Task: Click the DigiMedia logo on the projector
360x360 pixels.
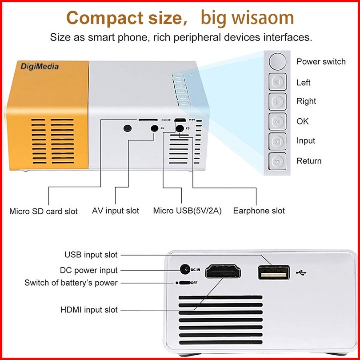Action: coord(39,67)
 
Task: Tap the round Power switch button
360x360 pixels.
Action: coord(278,61)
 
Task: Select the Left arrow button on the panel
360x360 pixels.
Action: coord(278,82)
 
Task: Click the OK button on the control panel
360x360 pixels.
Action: coord(278,121)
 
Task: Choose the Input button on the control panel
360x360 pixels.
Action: coord(278,141)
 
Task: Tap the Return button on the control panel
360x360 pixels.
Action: coord(278,161)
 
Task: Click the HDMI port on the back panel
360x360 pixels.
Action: coord(227,272)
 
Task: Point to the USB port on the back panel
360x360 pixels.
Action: coord(273,272)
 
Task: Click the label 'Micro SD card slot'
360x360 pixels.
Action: coord(44,211)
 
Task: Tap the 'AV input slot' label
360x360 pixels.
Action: coord(116,211)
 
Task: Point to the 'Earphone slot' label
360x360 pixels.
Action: coord(259,211)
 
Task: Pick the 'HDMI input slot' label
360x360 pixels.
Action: coord(89,309)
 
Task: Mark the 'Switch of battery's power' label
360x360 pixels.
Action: coord(71,283)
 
